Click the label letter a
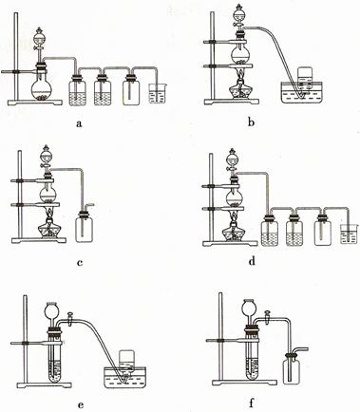[x=79, y=122]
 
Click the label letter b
[x=251, y=122]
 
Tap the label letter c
[x=80, y=262]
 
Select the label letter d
[x=252, y=261]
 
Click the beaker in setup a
[x=158, y=93]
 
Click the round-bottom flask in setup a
[x=42, y=88]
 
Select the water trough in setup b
[x=302, y=92]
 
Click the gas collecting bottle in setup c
[x=84, y=226]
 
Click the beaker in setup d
[x=349, y=234]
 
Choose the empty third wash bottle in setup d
[x=323, y=231]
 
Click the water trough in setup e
[x=126, y=377]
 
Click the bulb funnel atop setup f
[x=249, y=308]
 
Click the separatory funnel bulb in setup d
[x=234, y=159]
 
